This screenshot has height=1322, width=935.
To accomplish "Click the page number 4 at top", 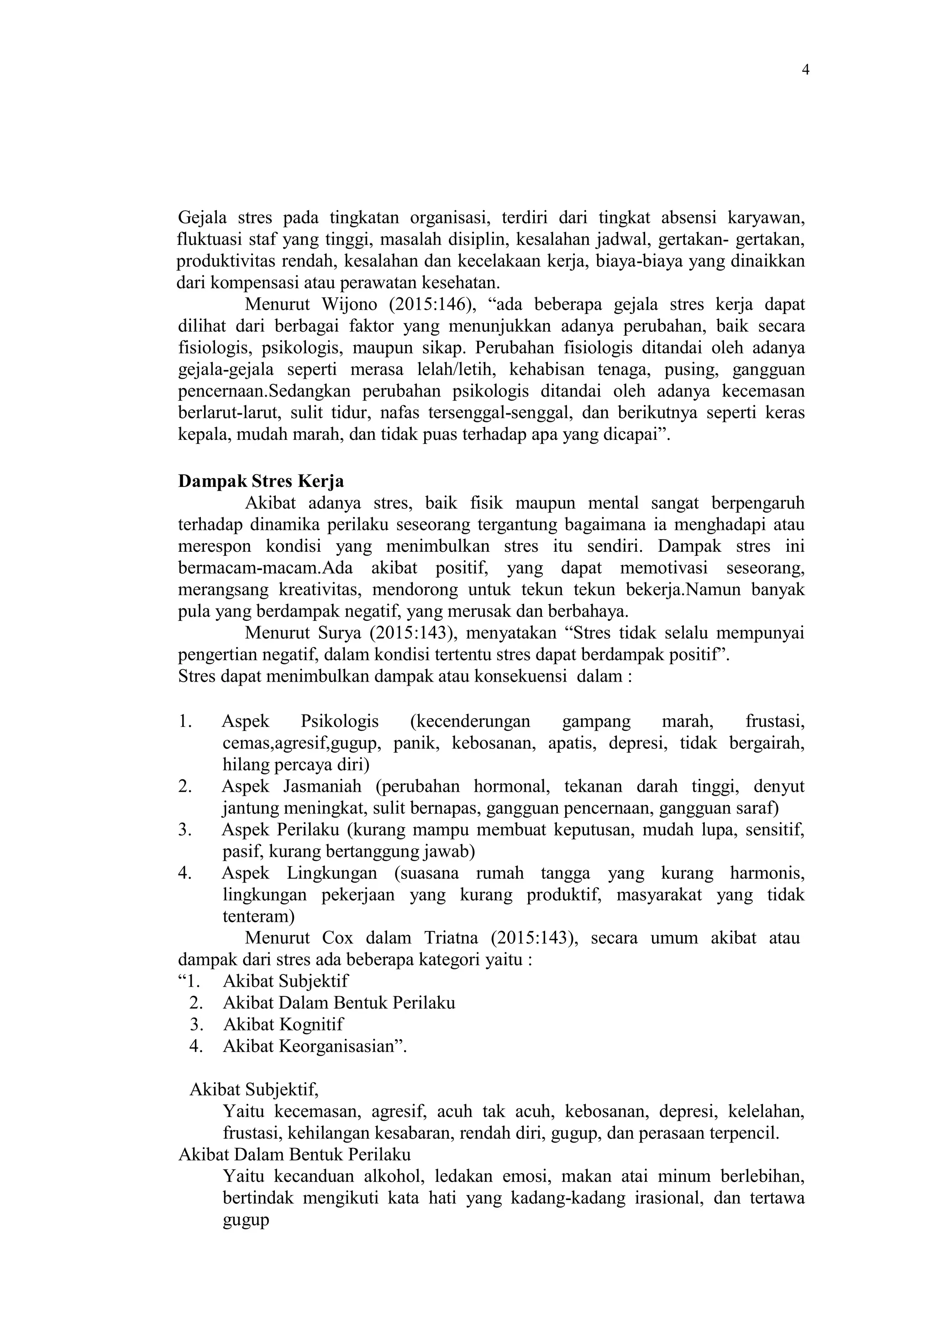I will point(805,70).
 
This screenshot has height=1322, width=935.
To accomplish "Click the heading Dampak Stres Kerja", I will point(261,481).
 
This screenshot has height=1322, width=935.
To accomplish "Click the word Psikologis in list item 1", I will point(340,721).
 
